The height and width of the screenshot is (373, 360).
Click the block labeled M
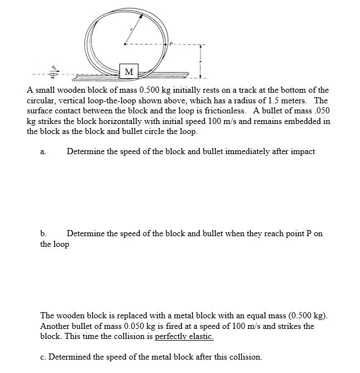click(129, 71)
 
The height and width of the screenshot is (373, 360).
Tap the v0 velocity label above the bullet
click(54, 66)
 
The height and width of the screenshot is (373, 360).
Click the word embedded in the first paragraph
click(302, 121)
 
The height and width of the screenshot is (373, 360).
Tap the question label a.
click(42, 151)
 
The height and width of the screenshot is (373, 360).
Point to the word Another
click(56, 326)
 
